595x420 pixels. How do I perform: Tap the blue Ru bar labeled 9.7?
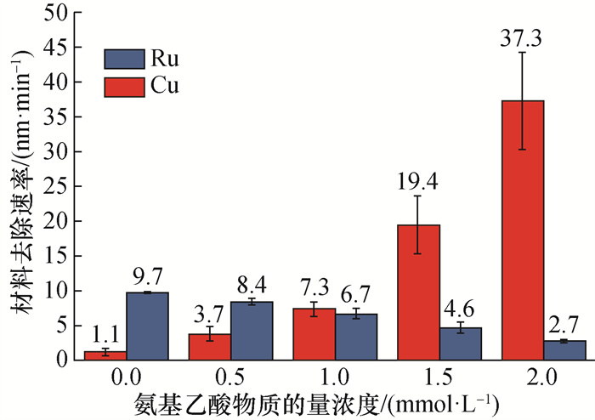click(147, 326)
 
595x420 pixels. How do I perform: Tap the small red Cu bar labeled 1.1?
click(105, 355)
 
